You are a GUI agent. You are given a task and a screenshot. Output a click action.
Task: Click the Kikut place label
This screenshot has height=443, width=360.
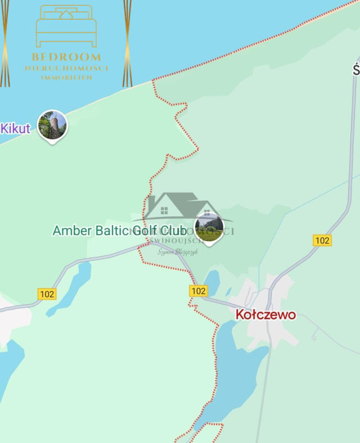pyautogui.click(x=15, y=128)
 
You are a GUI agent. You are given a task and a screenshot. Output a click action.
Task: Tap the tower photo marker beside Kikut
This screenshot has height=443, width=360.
pyautogui.click(x=52, y=125)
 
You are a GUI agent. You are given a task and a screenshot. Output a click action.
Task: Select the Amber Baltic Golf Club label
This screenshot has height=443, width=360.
pyautogui.click(x=119, y=230)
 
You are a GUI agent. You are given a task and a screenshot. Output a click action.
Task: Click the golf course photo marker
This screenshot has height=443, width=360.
pyautogui.click(x=209, y=228)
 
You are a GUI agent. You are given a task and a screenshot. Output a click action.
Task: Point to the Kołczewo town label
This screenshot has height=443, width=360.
pyautogui.click(x=265, y=314)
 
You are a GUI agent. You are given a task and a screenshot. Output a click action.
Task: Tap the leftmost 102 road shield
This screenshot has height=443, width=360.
pyautogui.click(x=47, y=293)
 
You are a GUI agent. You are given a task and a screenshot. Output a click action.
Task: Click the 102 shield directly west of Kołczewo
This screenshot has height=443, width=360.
pyautogui.click(x=198, y=291)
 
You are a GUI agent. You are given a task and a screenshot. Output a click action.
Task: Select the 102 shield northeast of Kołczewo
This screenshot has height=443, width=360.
pyautogui.click(x=322, y=240)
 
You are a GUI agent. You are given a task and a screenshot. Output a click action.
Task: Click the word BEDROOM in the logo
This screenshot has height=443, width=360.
pyautogui.click(x=66, y=57)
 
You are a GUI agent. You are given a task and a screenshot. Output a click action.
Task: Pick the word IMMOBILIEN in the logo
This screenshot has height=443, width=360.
pyautogui.click(x=66, y=78)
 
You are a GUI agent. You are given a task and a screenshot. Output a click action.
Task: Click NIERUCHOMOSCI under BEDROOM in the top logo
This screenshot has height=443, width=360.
pyautogui.click(x=66, y=68)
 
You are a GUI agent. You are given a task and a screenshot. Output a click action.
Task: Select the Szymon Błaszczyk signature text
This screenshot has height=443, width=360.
pyautogui.click(x=178, y=252)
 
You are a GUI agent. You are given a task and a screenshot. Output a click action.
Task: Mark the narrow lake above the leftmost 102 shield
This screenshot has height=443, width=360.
pyautogui.click(x=73, y=287)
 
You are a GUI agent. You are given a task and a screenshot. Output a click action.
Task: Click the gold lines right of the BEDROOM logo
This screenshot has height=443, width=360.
pyautogui.click(x=128, y=43)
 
